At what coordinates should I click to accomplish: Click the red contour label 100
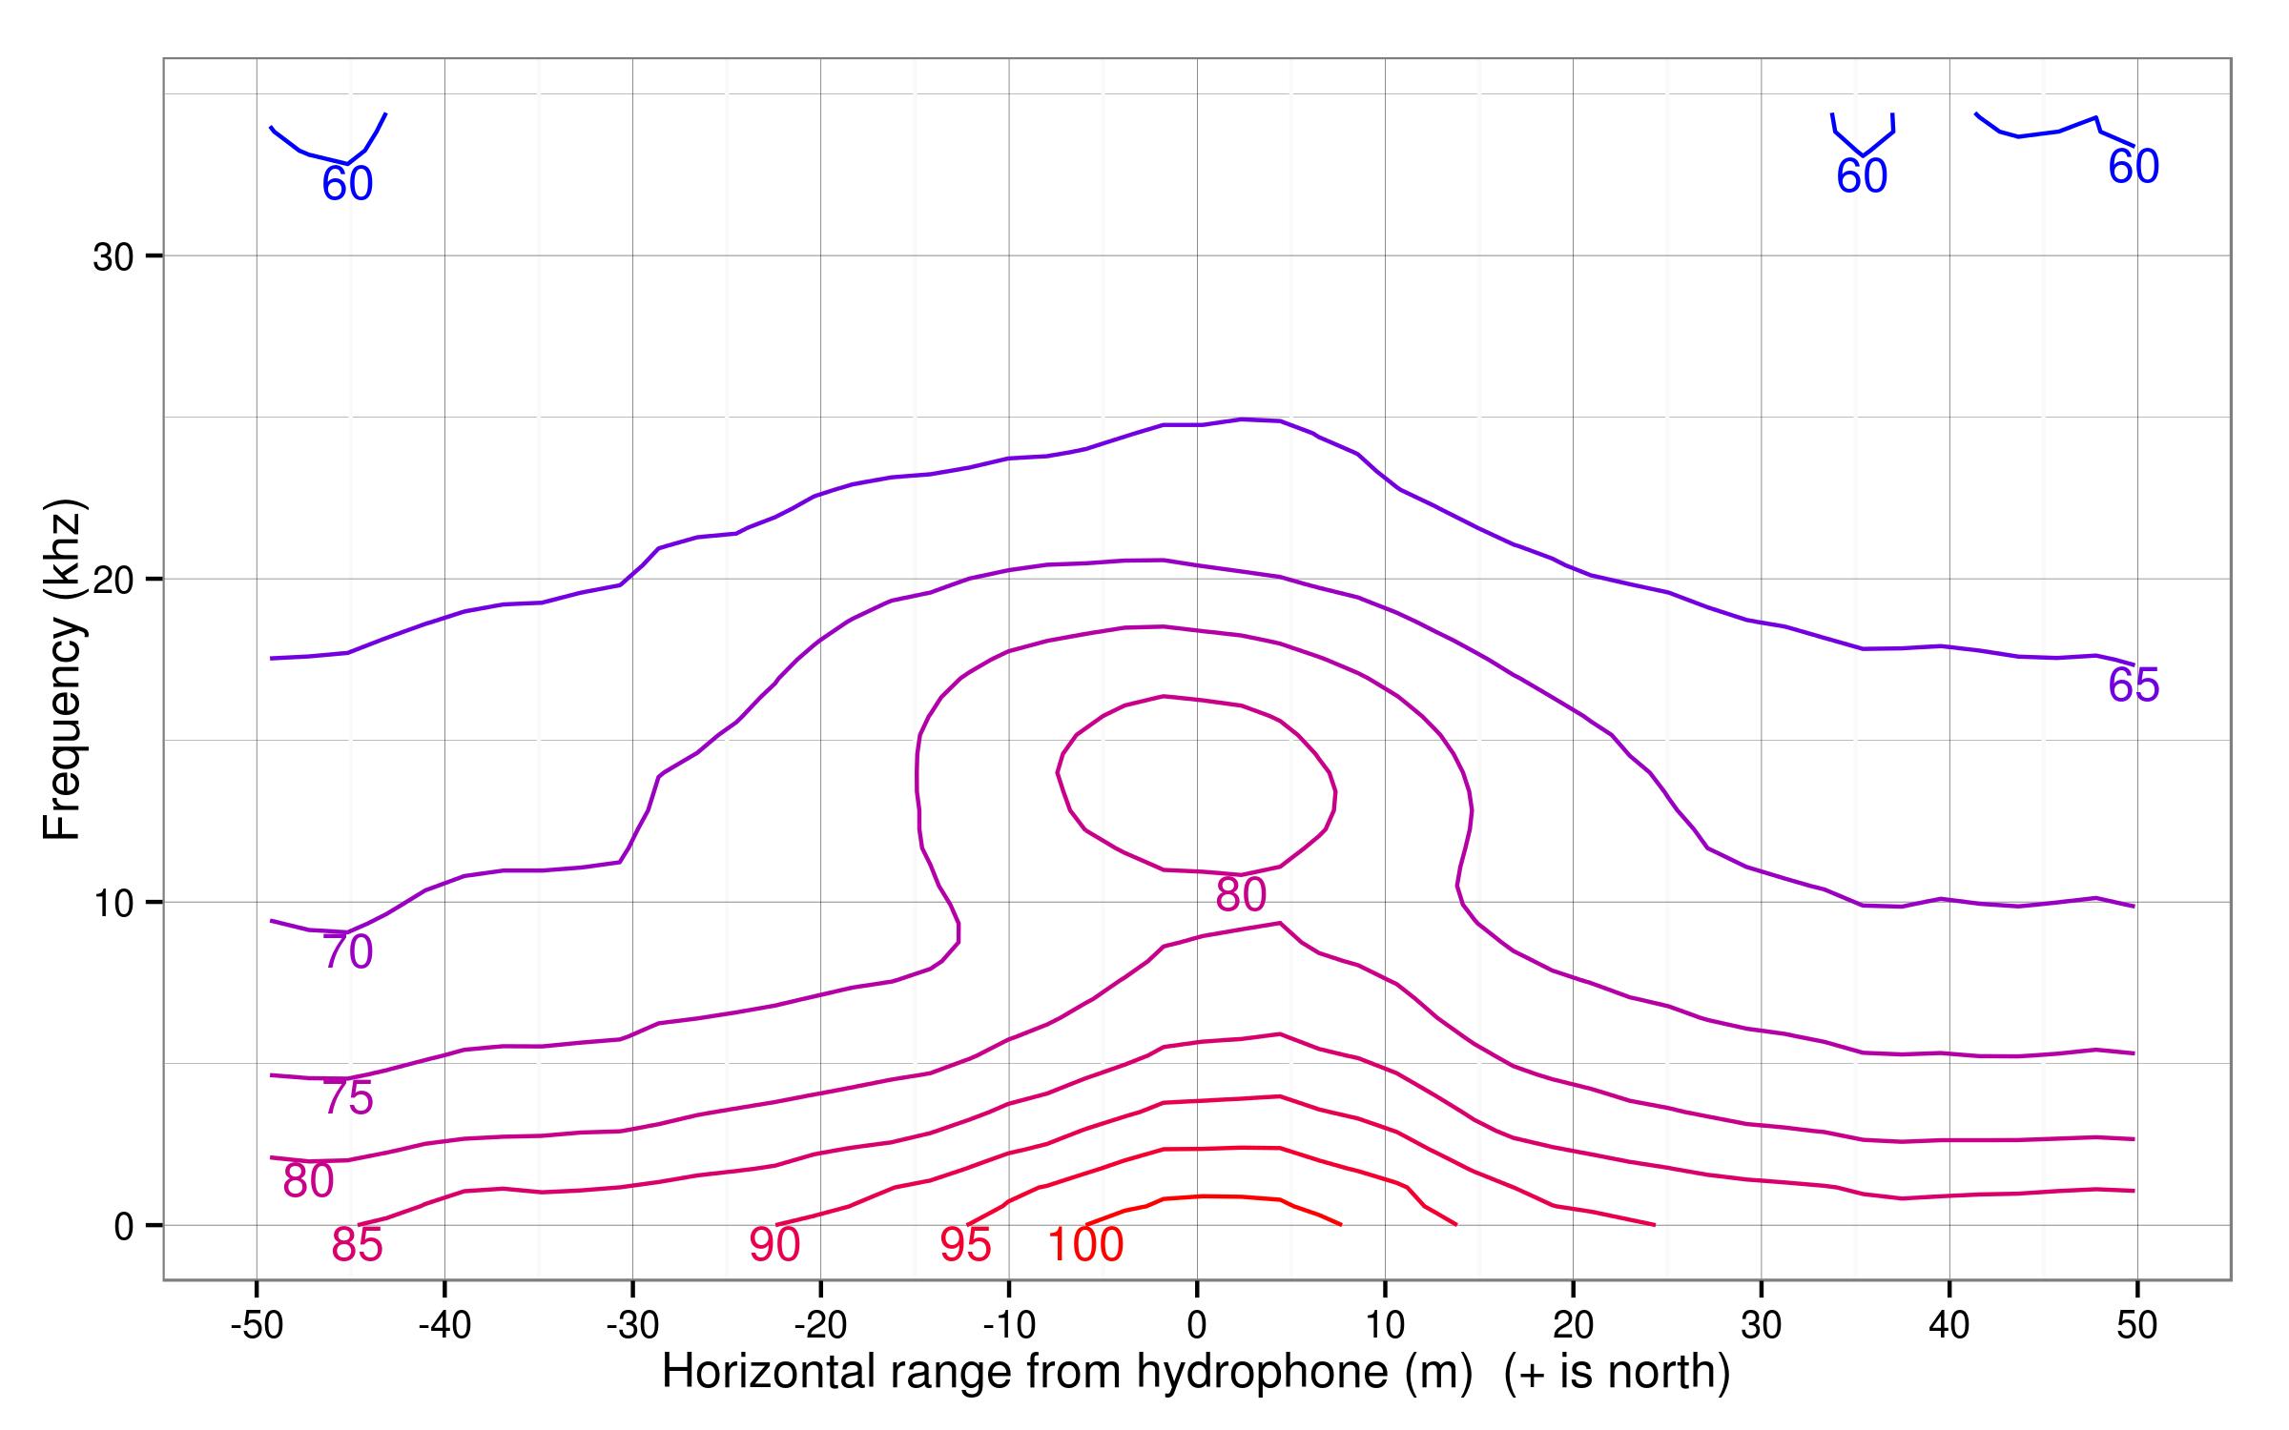pos(1085,1245)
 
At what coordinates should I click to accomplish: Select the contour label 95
pos(965,1245)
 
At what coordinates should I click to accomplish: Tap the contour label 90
pos(773,1245)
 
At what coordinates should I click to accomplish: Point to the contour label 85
pos(357,1245)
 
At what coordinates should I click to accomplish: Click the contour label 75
pos(347,1098)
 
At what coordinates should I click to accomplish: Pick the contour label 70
pos(347,952)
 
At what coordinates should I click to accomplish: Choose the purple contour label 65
pos(2134,685)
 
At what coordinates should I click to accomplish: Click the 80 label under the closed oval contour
pos(1241,894)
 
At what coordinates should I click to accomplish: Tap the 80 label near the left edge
pos(308,1181)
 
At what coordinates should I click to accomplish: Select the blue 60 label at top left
pos(347,184)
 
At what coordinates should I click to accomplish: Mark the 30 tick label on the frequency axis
pos(113,257)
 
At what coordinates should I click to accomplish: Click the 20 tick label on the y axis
pos(113,580)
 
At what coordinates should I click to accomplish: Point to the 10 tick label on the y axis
pos(113,903)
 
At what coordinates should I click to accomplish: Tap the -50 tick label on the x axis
pos(257,1325)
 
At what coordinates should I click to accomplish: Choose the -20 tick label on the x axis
pos(821,1325)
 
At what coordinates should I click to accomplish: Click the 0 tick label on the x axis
pos(1197,1325)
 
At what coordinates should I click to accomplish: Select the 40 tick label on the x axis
pos(1949,1325)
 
